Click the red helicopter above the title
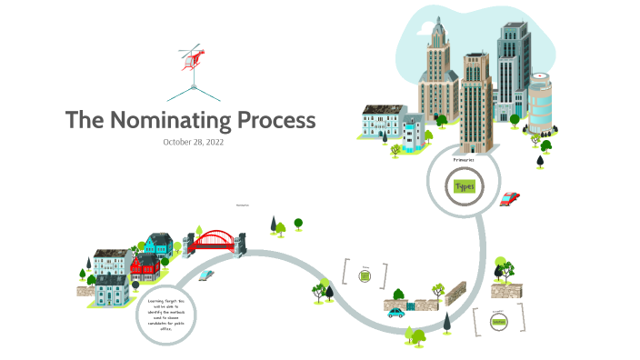pos(193,56)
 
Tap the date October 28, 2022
pos(193,143)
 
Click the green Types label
pos(464,186)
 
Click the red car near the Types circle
pos(510,197)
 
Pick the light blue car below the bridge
pos(206,274)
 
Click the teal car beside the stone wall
pos(396,313)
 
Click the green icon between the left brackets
pos(365,275)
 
